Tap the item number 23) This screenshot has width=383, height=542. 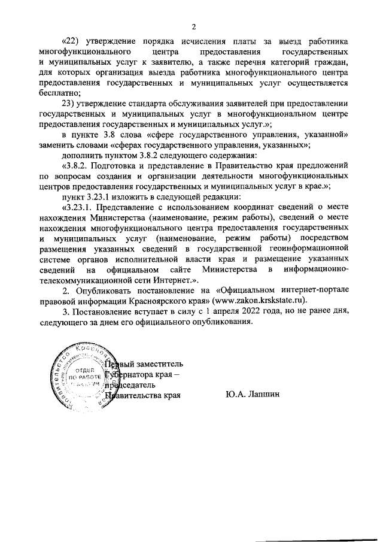coord(69,103)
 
